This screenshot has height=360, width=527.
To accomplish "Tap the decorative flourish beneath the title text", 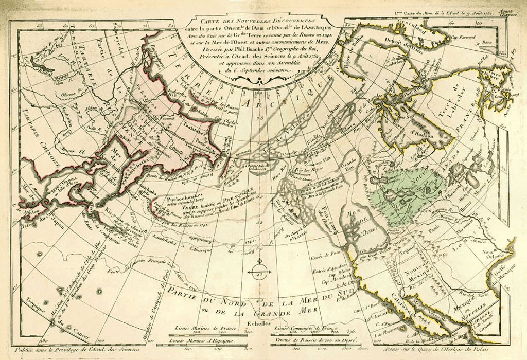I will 257,79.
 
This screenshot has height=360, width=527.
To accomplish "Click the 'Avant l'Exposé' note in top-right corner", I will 514,13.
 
